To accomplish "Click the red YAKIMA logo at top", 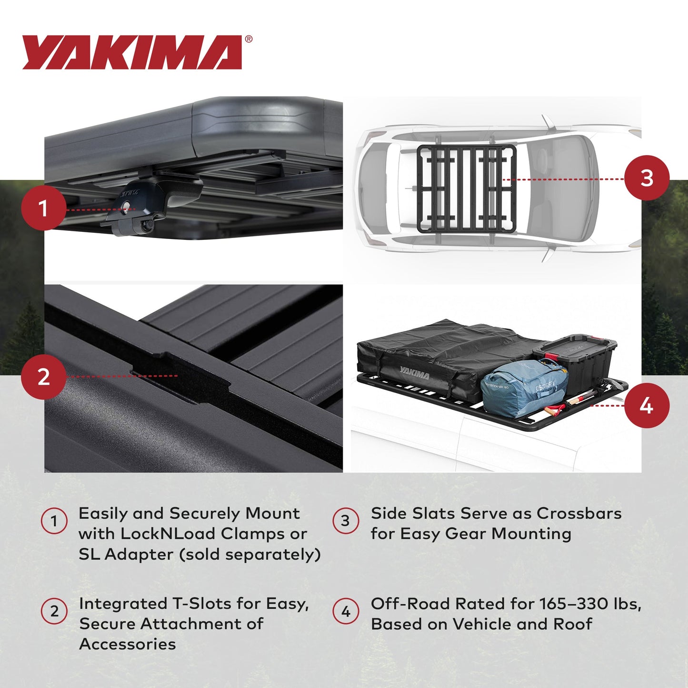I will [x=132, y=52].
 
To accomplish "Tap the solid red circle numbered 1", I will [x=43, y=209].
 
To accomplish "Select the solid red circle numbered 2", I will [x=43, y=377].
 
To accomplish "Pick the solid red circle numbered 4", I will [x=647, y=406].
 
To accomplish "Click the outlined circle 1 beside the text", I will [x=54, y=521].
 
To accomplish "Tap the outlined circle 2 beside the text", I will [x=54, y=611].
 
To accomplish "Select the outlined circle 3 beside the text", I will [x=346, y=521].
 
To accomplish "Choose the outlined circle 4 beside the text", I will [x=346, y=611].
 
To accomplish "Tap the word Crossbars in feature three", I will [x=579, y=513].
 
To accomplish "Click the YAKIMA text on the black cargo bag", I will [x=414, y=372].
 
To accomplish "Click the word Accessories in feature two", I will [x=128, y=644].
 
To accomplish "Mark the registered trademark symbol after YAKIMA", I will [x=249, y=40].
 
